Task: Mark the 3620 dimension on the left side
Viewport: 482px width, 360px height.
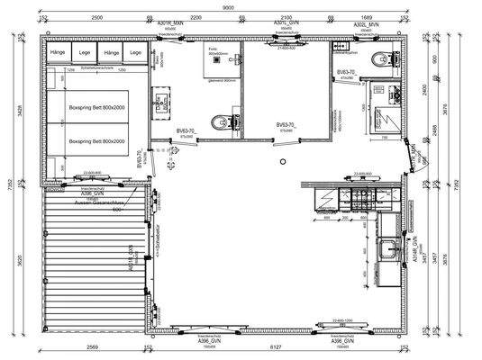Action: pos(18,261)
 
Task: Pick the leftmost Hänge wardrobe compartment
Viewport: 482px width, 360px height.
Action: pos(59,53)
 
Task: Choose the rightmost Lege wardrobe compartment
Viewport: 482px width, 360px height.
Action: pos(135,53)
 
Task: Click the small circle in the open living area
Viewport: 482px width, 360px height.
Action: pos(282,161)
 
